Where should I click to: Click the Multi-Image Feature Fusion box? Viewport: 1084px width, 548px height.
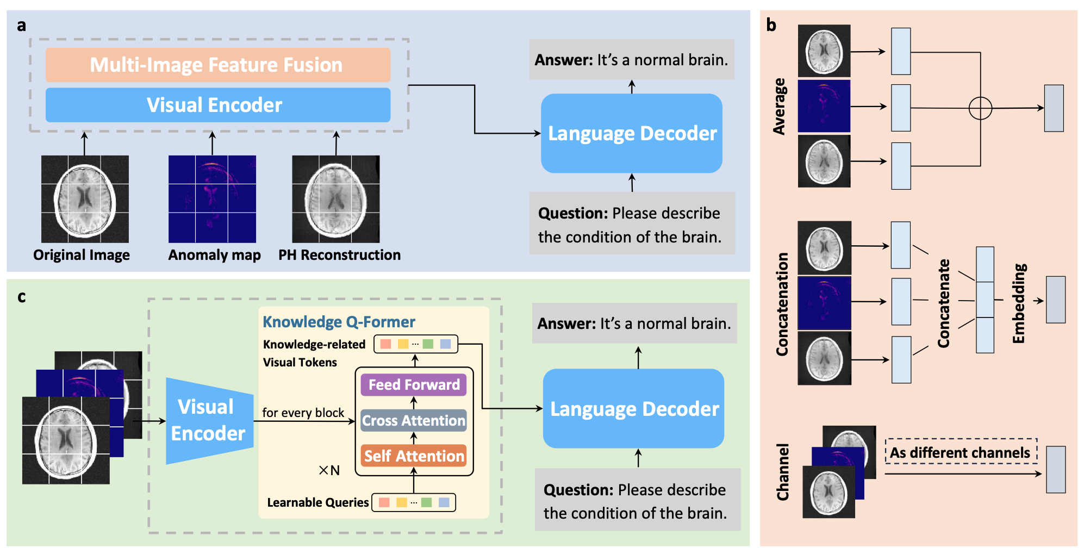click(217, 65)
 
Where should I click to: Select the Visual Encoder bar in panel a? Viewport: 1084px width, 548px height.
click(217, 105)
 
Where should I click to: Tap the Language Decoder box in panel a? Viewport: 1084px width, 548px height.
click(632, 134)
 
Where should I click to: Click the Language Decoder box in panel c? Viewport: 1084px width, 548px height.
click(634, 409)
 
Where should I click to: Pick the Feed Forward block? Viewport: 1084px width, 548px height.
click(414, 385)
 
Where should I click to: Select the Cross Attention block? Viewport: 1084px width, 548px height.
click(414, 421)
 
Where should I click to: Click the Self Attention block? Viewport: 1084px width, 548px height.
click(414, 456)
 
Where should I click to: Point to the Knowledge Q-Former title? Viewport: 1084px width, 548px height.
click(339, 322)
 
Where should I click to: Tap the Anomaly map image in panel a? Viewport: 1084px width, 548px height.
click(212, 199)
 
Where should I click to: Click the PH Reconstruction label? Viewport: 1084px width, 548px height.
click(339, 255)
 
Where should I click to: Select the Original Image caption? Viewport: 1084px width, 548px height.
click(82, 255)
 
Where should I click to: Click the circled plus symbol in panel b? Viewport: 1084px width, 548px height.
click(980, 108)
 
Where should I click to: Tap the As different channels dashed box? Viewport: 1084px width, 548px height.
click(961, 452)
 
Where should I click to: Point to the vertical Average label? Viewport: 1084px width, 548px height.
click(780, 107)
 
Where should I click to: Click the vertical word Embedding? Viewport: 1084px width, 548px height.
click(1019, 303)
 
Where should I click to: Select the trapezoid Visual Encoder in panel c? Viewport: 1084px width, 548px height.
click(209, 421)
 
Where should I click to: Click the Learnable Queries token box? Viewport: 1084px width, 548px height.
click(414, 502)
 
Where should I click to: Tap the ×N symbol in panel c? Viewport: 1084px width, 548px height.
click(329, 470)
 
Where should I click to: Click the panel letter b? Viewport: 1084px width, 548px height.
click(771, 25)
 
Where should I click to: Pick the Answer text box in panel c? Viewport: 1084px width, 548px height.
click(634, 323)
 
